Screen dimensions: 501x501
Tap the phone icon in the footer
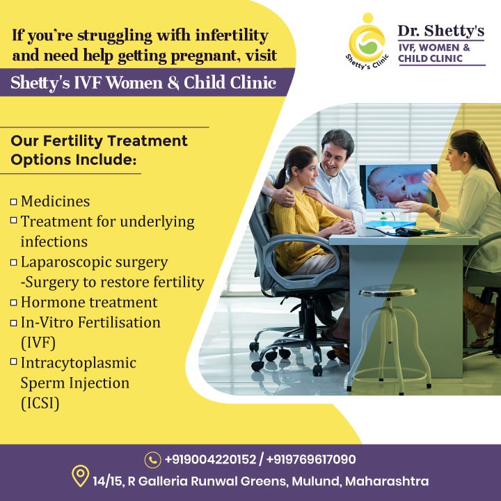tap(153, 460)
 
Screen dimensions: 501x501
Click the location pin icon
tap(81, 477)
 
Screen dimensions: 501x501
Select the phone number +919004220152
tap(209, 460)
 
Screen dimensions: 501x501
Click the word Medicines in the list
tap(56, 202)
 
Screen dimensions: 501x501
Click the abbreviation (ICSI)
tap(40, 403)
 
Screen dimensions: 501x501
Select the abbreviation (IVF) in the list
tap(38, 343)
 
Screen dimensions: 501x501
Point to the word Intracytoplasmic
tap(79, 363)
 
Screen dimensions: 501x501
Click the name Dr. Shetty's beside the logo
tap(441, 30)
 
